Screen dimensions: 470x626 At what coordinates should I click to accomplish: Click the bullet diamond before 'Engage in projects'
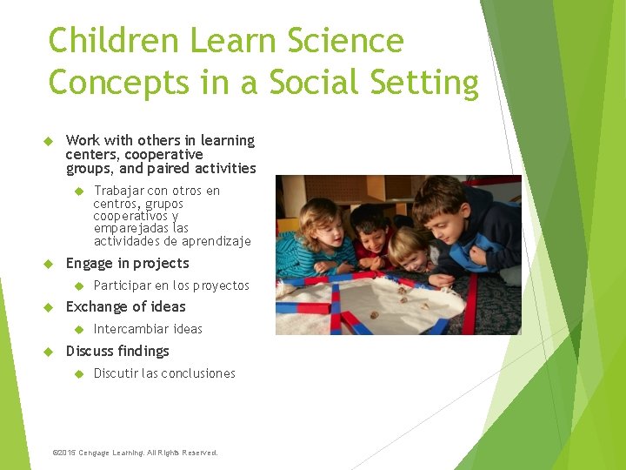49,264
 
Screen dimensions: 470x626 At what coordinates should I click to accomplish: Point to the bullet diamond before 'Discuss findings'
49,352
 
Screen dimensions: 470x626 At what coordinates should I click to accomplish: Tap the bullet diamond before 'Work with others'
49,141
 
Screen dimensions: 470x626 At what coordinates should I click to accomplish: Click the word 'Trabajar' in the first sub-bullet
119,191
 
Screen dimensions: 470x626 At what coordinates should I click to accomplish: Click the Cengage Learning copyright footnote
135,453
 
